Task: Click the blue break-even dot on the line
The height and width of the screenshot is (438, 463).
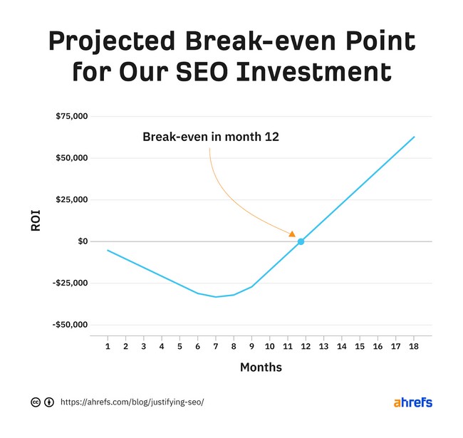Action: point(301,241)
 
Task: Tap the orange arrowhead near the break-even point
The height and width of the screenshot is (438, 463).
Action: point(291,233)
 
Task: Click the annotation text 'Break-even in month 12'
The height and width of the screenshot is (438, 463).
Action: point(211,136)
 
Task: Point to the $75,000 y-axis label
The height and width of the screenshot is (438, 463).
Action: point(71,116)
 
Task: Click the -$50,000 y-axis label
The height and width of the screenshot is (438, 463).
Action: point(70,325)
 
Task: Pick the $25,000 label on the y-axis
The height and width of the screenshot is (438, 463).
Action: point(71,199)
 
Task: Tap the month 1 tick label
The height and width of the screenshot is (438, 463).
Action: point(108,346)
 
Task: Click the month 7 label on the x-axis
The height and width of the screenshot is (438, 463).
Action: point(216,346)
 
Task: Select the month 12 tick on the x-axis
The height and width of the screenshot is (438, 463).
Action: point(305,346)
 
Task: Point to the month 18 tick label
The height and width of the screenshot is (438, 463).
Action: point(414,346)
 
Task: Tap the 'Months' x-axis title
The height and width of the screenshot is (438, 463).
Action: point(261,367)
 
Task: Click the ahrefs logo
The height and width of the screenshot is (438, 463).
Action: point(413,402)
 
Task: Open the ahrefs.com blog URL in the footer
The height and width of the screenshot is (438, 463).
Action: point(132,402)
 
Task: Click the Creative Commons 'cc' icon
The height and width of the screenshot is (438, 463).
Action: point(36,402)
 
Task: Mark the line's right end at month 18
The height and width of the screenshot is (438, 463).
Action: point(414,137)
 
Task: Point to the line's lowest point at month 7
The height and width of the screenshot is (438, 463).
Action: point(216,296)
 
